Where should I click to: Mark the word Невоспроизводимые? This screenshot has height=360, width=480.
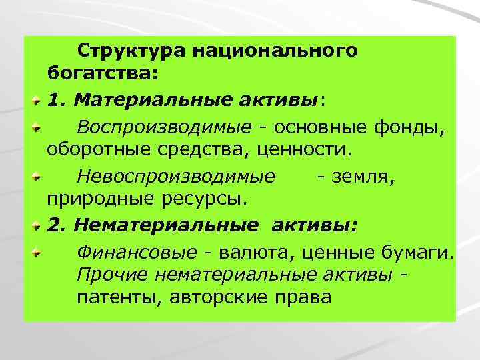tap(175, 178)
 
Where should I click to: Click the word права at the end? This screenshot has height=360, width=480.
tap(303, 296)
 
